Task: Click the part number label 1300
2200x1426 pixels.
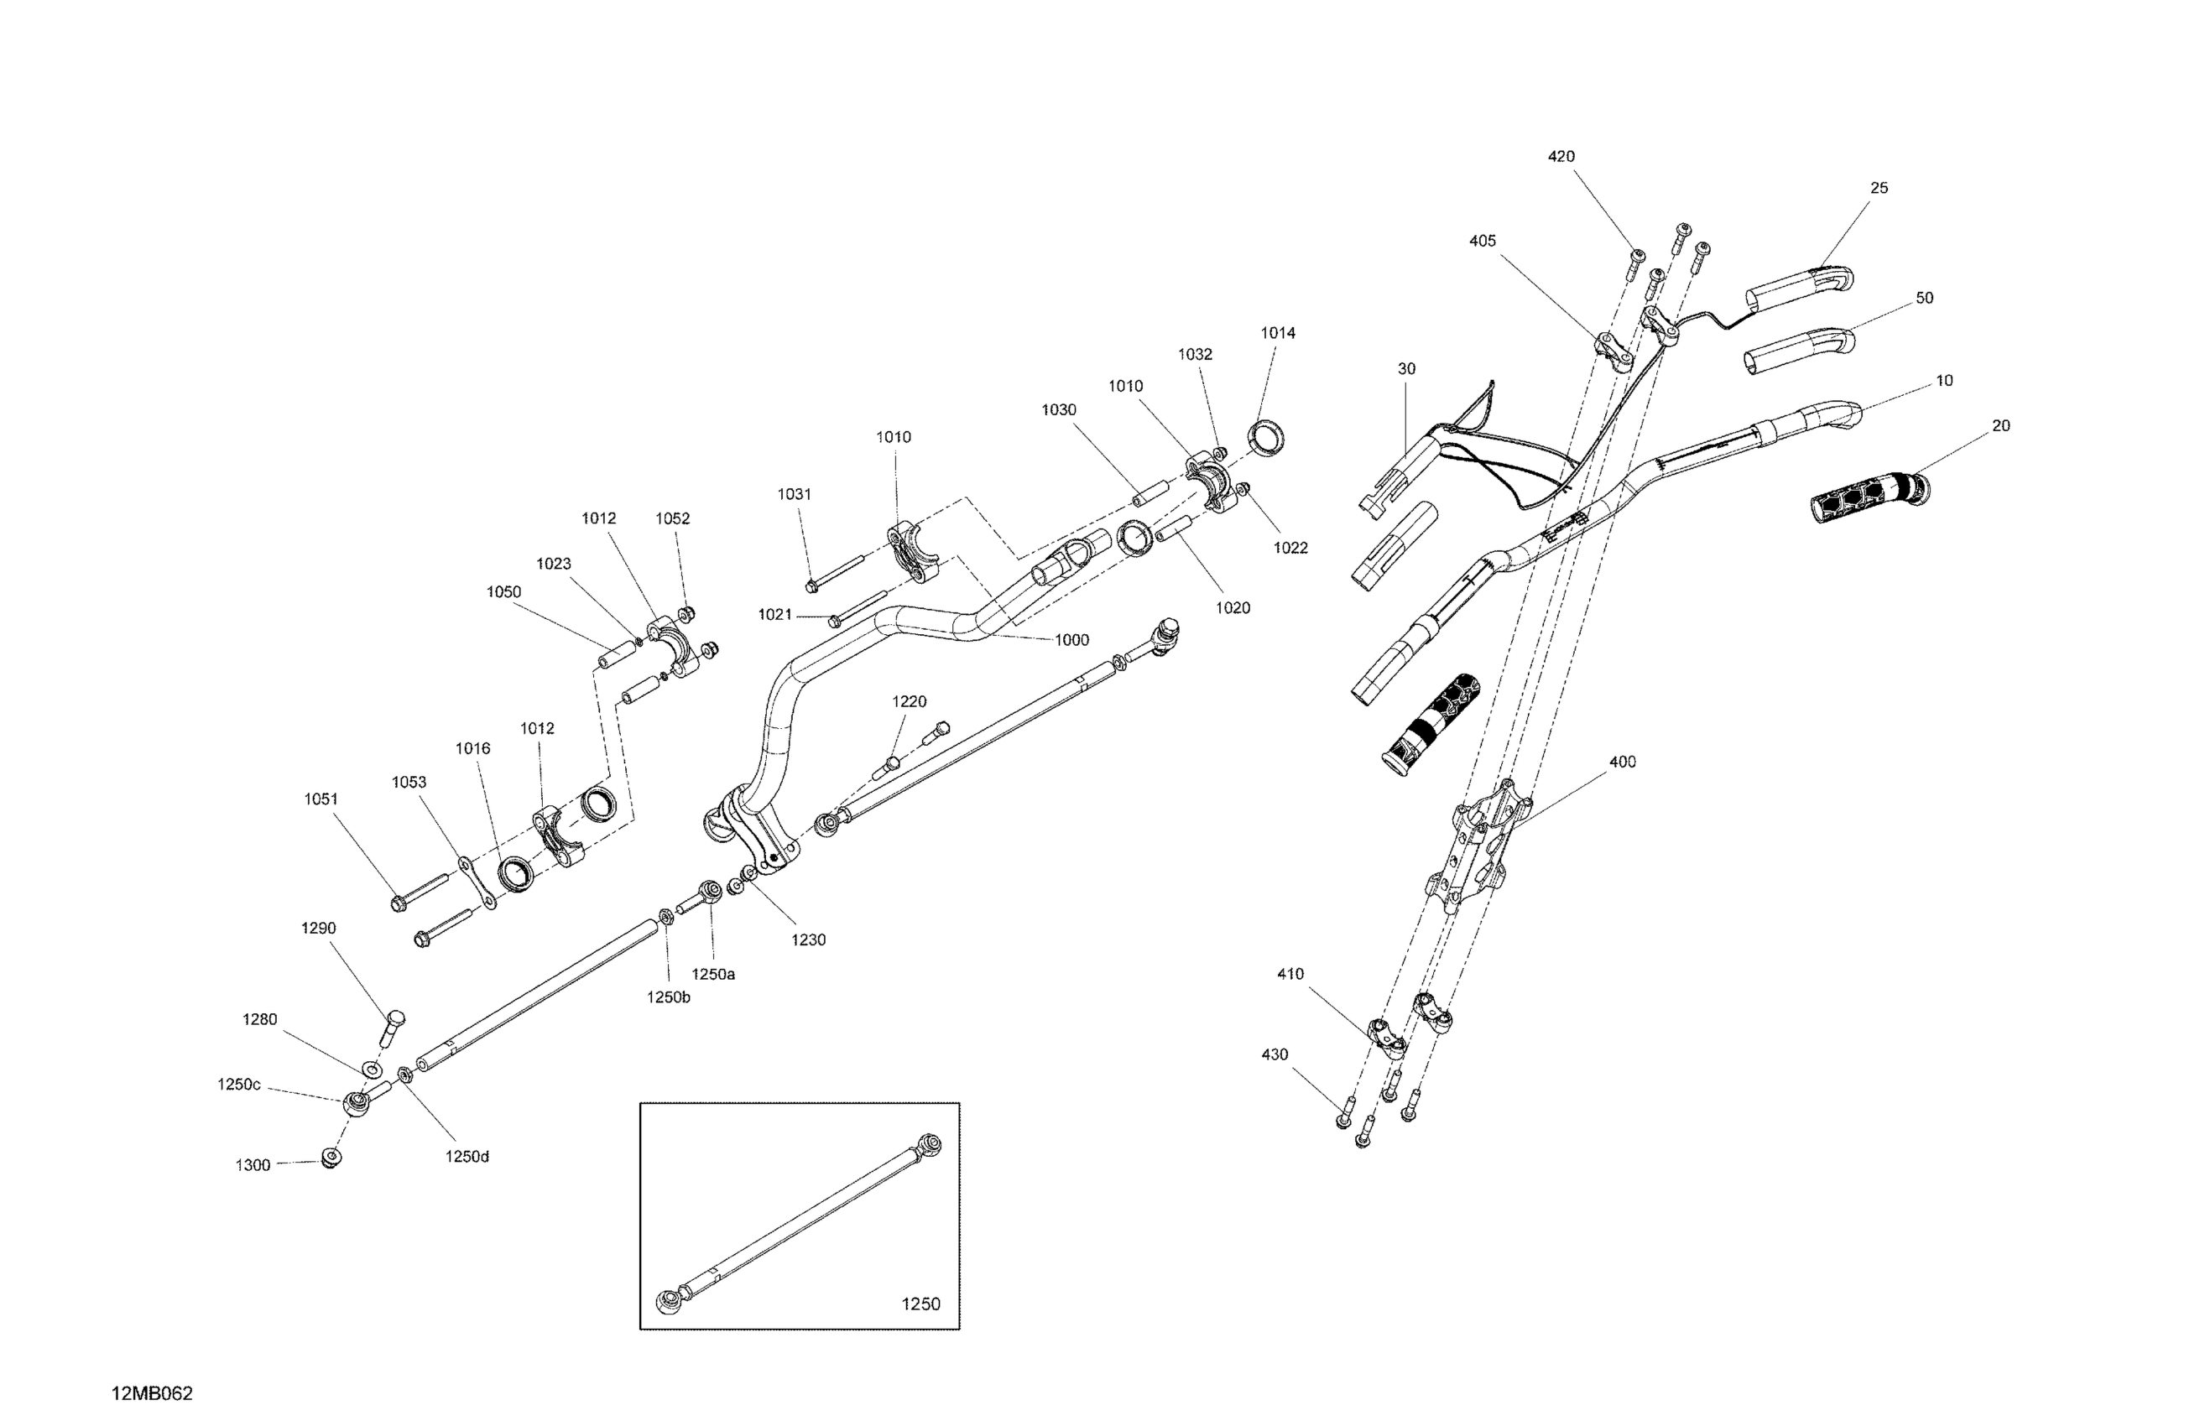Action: pyautogui.click(x=253, y=1165)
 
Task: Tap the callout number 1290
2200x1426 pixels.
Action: pyautogui.click(x=319, y=928)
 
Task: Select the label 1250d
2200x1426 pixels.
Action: pyautogui.click(x=467, y=1156)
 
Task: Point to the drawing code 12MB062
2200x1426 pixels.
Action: pyautogui.click(x=153, y=1393)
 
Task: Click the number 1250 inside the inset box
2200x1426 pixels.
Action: pyautogui.click(x=920, y=1304)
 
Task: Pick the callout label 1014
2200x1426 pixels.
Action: pyautogui.click(x=1279, y=333)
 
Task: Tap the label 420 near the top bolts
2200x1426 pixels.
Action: pyautogui.click(x=1561, y=156)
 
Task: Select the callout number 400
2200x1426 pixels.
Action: pyautogui.click(x=1622, y=762)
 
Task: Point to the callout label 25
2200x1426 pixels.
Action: pyautogui.click(x=1879, y=188)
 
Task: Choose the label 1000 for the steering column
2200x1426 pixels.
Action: pyautogui.click(x=1071, y=639)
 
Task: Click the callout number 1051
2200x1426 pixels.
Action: pyautogui.click(x=321, y=799)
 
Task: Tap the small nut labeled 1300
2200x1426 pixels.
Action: pyautogui.click(x=329, y=1157)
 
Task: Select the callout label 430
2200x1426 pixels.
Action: pyautogui.click(x=1275, y=1054)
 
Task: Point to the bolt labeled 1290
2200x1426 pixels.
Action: pyautogui.click(x=392, y=1027)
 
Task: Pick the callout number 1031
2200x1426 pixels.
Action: pyautogui.click(x=794, y=494)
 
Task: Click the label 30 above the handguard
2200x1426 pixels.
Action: pyautogui.click(x=1406, y=369)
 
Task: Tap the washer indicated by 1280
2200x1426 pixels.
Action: pyautogui.click(x=371, y=1069)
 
